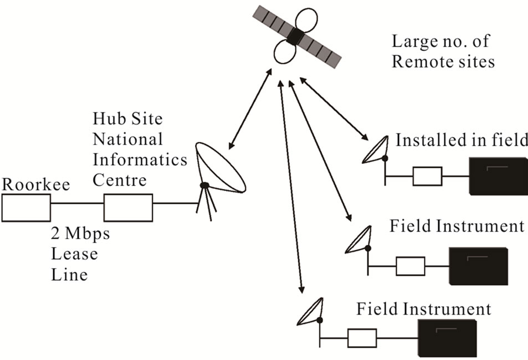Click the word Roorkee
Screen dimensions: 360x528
point(36,184)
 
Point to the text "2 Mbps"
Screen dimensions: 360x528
point(80,234)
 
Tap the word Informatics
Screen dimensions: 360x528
point(140,160)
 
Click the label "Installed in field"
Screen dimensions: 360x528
point(462,140)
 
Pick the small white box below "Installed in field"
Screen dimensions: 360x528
point(427,177)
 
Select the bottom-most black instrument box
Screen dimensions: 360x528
point(447,338)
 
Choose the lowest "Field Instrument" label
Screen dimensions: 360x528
point(423,308)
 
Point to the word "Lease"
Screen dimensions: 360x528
point(74,254)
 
